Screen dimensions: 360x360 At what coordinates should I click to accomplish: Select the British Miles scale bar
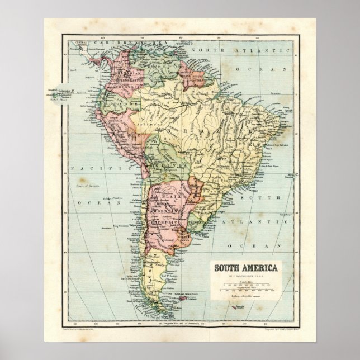tap(246, 284)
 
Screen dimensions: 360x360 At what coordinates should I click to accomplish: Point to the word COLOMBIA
tap(134, 87)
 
